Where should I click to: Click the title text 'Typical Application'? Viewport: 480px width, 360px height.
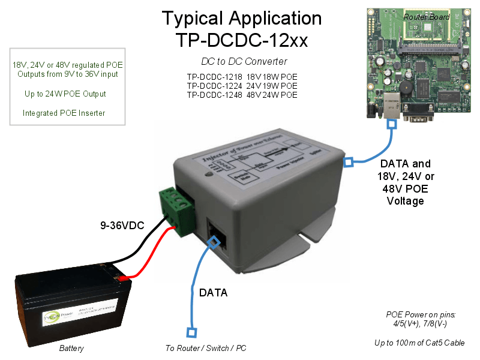[241, 18]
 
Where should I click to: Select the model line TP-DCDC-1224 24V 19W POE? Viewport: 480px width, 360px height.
[241, 86]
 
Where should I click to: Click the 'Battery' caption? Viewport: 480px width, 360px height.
[71, 349]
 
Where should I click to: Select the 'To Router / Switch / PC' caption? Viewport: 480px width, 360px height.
[205, 349]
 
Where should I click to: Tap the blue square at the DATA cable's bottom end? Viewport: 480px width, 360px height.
[191, 331]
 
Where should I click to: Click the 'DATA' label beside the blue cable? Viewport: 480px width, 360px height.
[214, 293]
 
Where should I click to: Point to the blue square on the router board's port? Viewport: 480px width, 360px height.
[391, 124]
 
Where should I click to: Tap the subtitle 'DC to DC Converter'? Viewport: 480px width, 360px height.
[244, 61]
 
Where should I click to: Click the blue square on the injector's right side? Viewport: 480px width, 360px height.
[347, 162]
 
